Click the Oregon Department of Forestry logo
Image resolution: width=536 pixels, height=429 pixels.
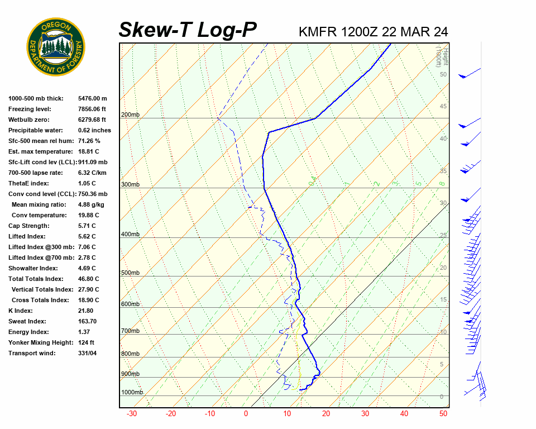[x=56, y=47]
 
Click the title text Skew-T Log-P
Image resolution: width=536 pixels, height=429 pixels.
[x=188, y=30]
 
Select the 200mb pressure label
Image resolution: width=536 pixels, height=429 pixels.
[x=130, y=115]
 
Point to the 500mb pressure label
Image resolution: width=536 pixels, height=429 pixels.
[x=130, y=273]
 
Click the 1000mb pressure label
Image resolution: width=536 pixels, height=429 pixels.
[x=132, y=392]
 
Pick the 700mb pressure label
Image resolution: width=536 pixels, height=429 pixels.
[x=130, y=331]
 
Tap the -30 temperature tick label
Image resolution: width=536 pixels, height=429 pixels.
[x=132, y=414]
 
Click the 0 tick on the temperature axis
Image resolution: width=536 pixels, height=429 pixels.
[x=246, y=414]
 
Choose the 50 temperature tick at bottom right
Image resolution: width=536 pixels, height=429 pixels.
[x=443, y=414]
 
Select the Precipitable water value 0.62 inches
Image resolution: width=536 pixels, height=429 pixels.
[x=94, y=130]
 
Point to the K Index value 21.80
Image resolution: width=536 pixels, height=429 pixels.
[x=86, y=311]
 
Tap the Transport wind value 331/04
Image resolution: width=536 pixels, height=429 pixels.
[x=88, y=353]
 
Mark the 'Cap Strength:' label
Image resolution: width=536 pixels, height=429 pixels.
[x=28, y=226]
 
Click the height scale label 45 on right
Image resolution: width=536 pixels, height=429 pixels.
[x=443, y=106]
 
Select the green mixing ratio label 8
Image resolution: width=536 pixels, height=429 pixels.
[x=442, y=183]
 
